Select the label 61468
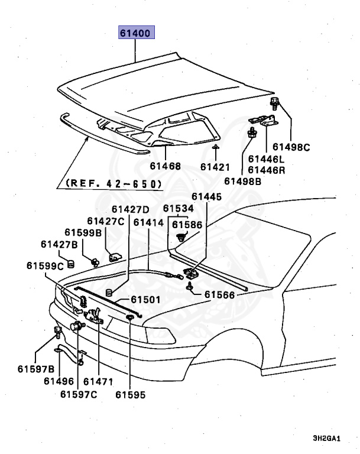166,167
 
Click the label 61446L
266,158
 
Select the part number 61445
206,197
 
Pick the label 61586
187,225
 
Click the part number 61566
220,294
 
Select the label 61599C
46,265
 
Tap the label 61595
130,394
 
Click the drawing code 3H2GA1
327,439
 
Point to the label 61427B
60,244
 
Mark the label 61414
148,222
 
